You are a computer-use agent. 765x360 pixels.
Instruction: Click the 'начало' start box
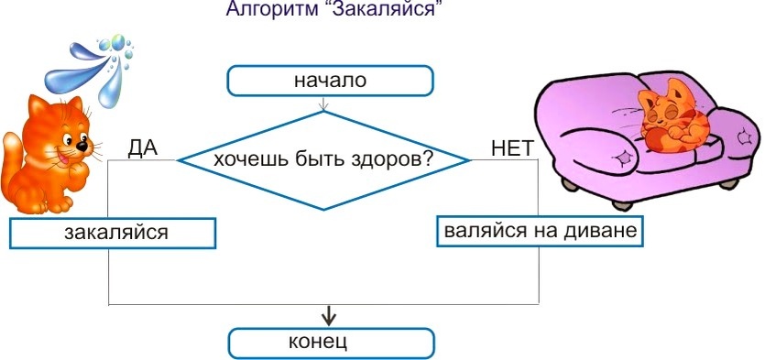[329, 81]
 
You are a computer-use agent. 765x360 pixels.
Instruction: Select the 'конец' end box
[329, 344]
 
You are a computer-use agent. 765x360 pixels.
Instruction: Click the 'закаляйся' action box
[114, 233]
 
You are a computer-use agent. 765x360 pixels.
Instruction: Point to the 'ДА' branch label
[143, 147]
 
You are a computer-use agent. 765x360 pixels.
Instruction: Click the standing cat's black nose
[81, 146]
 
